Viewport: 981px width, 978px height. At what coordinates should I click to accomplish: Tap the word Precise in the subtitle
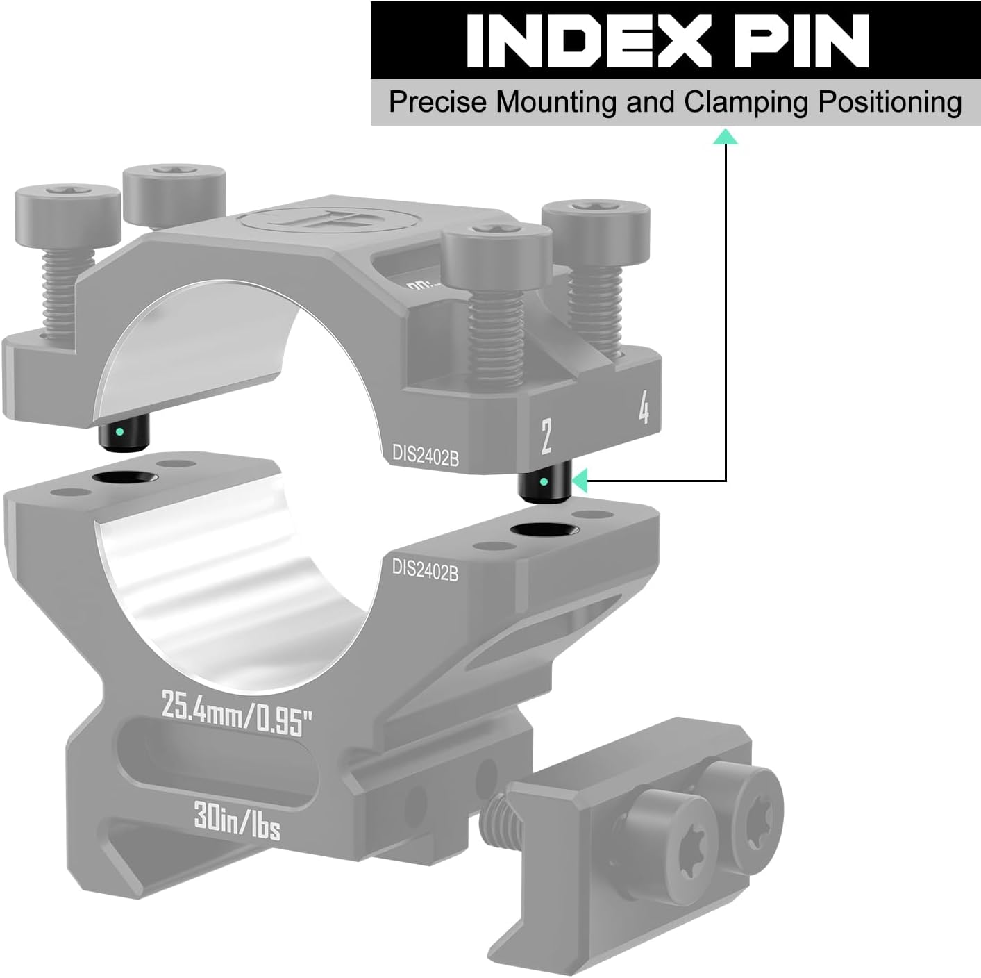pos(437,102)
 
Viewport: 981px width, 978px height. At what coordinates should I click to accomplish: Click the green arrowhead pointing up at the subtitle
pos(726,137)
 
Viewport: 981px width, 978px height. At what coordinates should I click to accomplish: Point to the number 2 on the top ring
pos(546,438)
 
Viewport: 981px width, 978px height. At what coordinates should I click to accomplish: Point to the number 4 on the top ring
pos(644,409)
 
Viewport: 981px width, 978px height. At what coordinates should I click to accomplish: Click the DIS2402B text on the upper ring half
pos(425,457)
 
